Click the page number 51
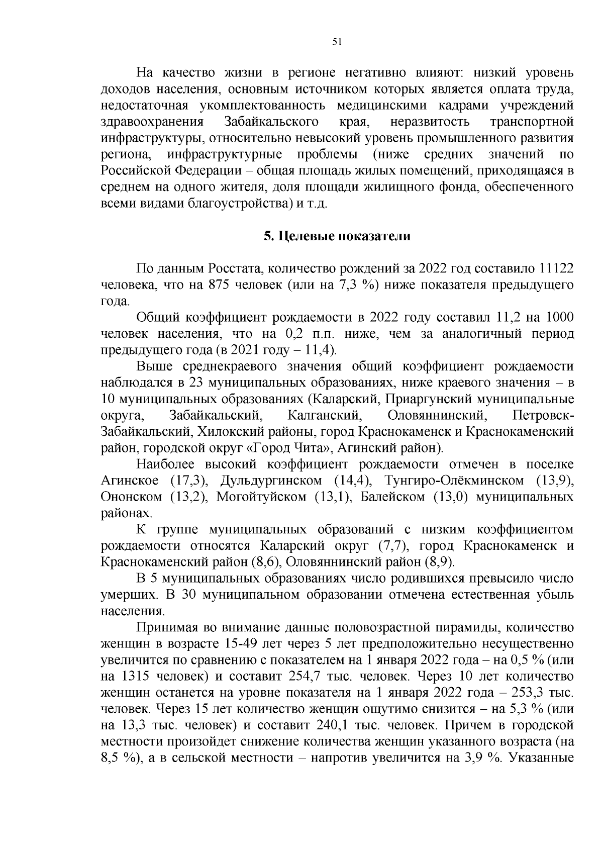337,43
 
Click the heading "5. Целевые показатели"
337,236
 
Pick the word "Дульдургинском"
271,481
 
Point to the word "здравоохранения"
152,122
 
